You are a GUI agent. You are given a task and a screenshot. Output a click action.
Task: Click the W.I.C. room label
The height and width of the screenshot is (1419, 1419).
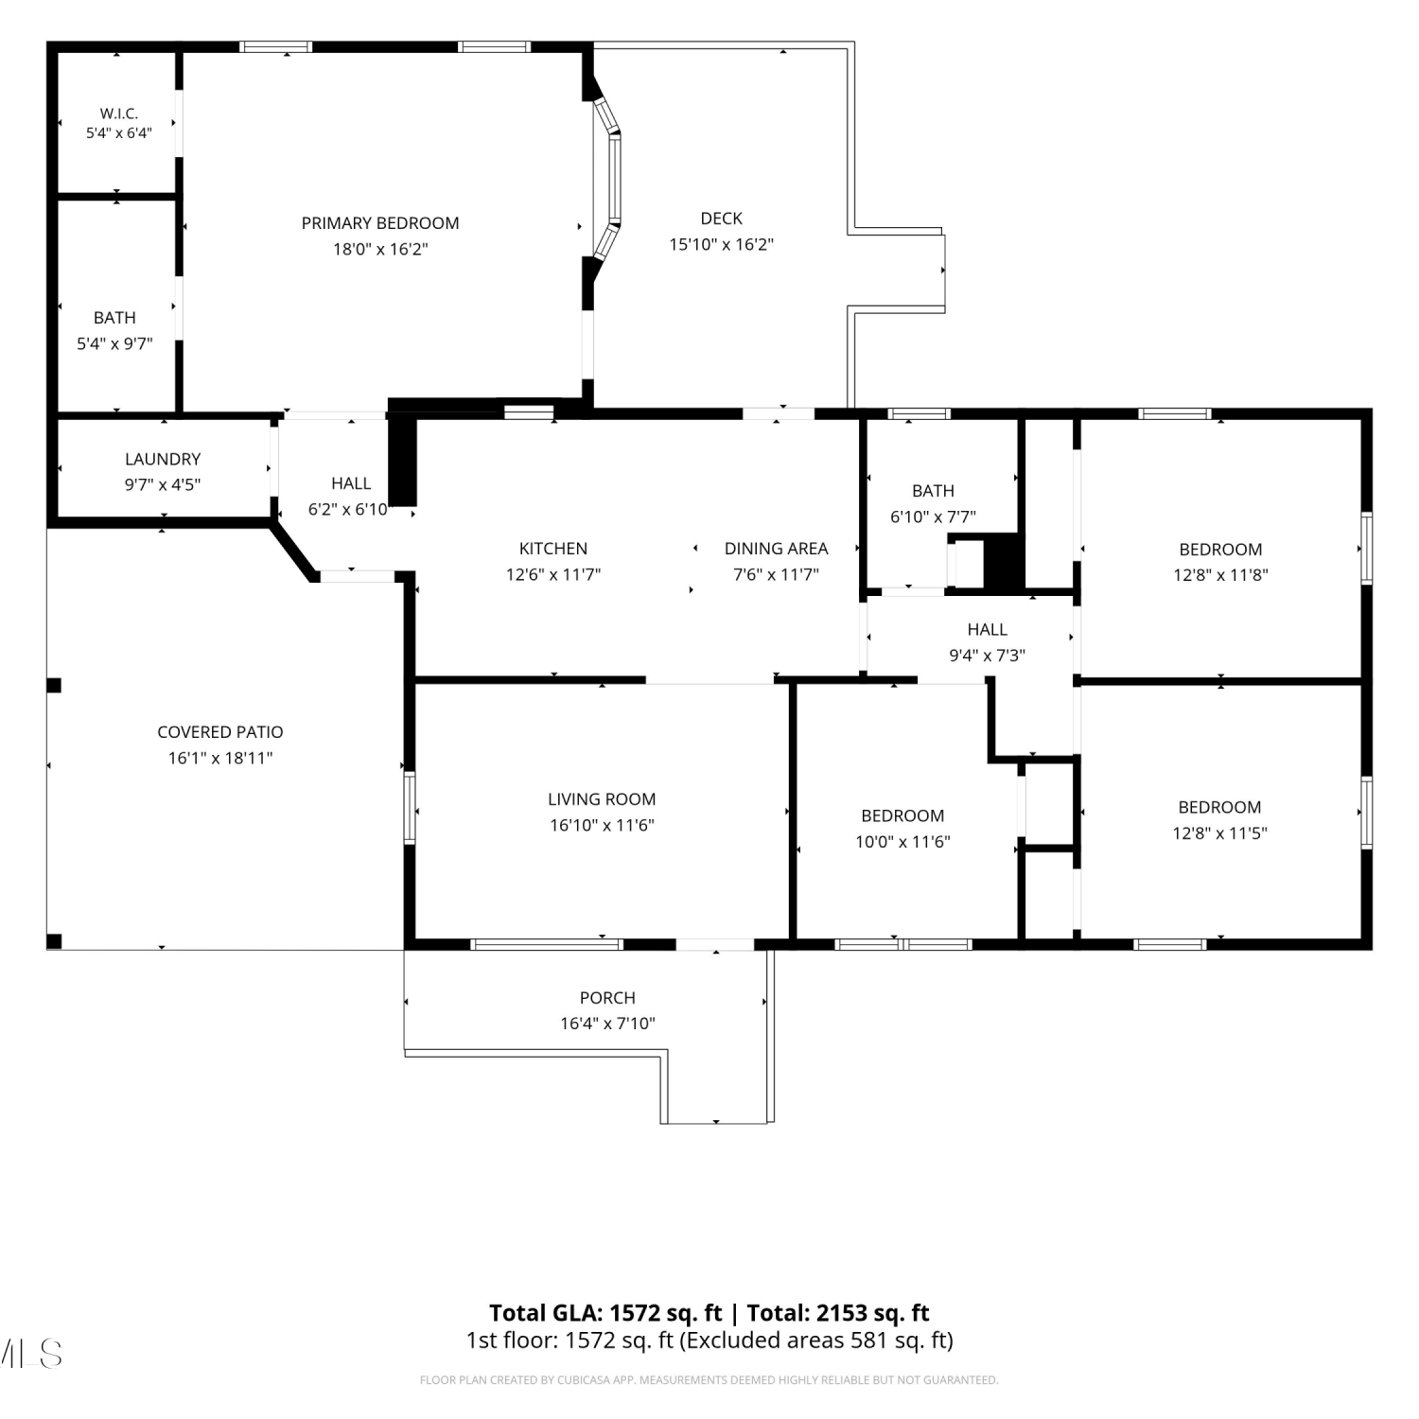[x=119, y=114]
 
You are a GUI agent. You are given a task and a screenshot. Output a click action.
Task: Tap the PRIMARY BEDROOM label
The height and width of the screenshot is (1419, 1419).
[x=380, y=223]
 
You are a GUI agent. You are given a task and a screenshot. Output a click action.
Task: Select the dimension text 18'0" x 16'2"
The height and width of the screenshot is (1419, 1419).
[x=380, y=250]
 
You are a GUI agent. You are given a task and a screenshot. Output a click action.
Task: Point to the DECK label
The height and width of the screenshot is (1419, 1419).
[x=722, y=219]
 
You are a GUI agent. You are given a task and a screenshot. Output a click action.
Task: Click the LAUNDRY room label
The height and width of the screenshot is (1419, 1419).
[x=163, y=459]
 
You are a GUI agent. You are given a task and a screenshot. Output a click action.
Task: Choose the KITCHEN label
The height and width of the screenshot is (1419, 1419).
[x=553, y=549]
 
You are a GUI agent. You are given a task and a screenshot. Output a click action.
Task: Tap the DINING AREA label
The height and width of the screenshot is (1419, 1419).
[x=777, y=549]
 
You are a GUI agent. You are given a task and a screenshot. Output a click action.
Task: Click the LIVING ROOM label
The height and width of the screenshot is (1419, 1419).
[x=602, y=799]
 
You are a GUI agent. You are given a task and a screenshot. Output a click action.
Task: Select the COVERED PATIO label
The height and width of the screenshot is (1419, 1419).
[x=220, y=732]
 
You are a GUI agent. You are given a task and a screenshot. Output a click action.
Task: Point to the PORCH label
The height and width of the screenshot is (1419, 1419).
[x=607, y=998]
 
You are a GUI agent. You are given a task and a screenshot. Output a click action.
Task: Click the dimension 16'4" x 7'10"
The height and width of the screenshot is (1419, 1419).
[x=607, y=1024]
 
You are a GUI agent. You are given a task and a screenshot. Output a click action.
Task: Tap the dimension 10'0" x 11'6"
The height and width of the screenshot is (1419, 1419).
[x=902, y=842]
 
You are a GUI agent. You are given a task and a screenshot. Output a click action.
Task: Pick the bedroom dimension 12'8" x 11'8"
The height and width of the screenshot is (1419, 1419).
[x=1220, y=575]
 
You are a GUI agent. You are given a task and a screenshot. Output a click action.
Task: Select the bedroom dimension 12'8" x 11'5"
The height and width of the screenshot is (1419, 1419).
[x=1219, y=833]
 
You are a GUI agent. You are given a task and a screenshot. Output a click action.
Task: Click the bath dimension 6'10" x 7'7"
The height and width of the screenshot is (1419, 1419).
[x=933, y=517]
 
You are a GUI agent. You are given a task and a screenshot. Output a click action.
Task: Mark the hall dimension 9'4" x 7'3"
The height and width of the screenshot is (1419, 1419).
[x=988, y=656]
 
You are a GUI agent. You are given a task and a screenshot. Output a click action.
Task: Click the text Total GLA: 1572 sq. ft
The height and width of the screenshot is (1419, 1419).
[x=605, y=1313]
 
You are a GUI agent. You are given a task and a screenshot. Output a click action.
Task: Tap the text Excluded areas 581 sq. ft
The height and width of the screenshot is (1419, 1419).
[x=816, y=1340]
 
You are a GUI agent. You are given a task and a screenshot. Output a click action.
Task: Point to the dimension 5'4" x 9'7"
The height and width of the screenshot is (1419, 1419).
[x=114, y=344]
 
